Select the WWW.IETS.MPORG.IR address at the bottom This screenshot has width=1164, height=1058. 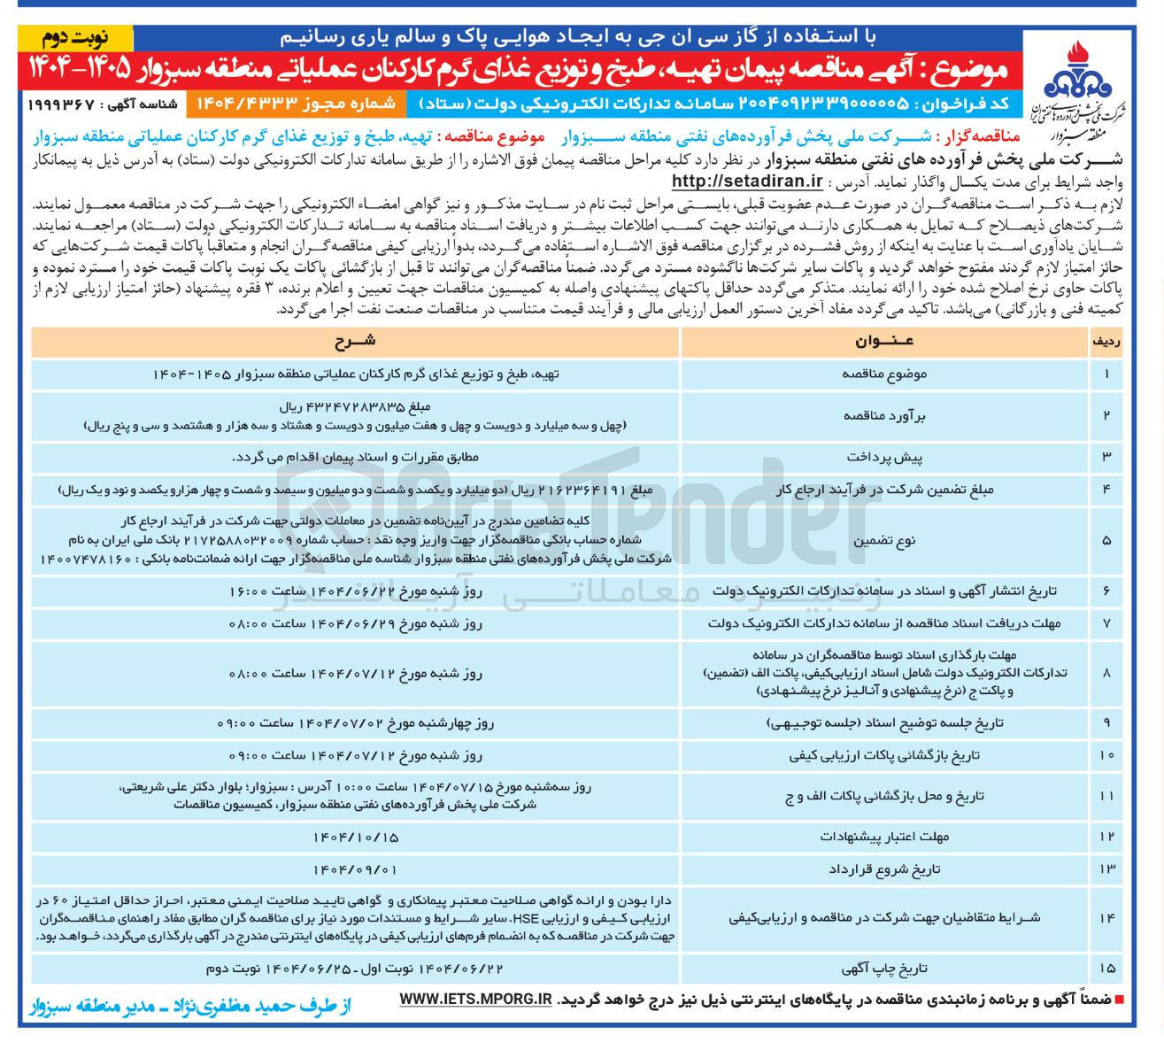point(475,999)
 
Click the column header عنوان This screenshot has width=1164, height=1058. point(884,342)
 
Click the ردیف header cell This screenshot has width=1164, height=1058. point(1106,342)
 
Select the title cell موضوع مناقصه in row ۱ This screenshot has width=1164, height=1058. point(884,375)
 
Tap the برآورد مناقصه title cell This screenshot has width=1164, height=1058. point(884,415)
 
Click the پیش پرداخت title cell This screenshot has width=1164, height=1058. point(884,457)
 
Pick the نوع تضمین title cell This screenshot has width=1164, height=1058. point(884,540)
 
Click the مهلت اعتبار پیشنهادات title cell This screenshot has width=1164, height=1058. point(884,837)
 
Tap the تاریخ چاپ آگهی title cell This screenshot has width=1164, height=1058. point(884,969)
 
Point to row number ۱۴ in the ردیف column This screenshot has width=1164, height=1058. point(1106,918)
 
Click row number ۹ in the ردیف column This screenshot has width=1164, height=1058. point(1106,723)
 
